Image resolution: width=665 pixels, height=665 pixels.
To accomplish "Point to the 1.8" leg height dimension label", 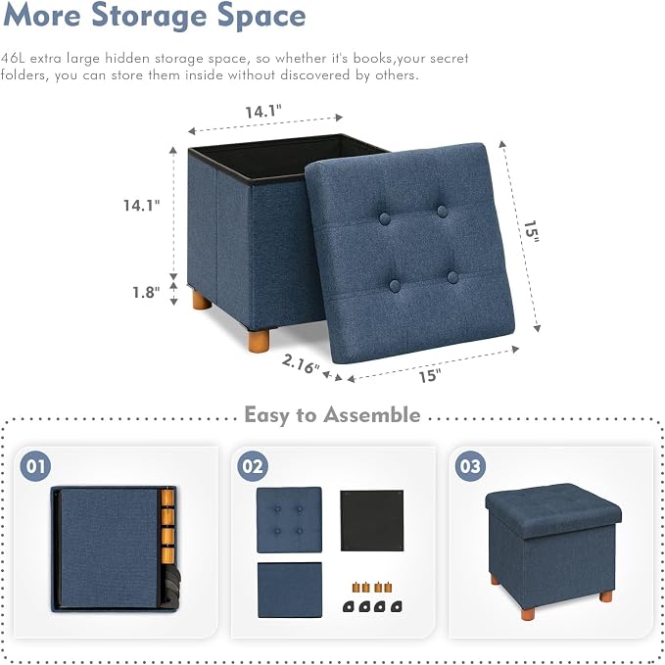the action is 146,292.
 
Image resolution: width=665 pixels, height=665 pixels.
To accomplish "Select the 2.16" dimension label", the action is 301,363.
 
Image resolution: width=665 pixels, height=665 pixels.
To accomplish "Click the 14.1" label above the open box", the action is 263,112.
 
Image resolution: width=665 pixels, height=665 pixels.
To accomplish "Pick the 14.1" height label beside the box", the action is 142,206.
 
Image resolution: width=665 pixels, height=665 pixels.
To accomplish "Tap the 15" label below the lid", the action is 430,375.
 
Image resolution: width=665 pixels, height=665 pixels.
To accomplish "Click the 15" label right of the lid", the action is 531,231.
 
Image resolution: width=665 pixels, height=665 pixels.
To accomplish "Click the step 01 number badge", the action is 35,466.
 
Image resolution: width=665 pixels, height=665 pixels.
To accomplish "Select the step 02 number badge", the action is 253,466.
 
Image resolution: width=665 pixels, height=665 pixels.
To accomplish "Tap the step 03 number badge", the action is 470,466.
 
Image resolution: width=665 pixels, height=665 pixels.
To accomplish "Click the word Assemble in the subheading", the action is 372,414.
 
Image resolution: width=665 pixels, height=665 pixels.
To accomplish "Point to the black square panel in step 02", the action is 372,520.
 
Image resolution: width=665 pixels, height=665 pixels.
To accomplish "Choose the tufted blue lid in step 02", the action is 289,520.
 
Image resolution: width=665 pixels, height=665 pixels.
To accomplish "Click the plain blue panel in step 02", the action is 290,590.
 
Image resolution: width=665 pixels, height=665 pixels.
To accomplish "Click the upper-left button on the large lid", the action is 385,218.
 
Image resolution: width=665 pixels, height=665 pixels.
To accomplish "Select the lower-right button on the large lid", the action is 452,277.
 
